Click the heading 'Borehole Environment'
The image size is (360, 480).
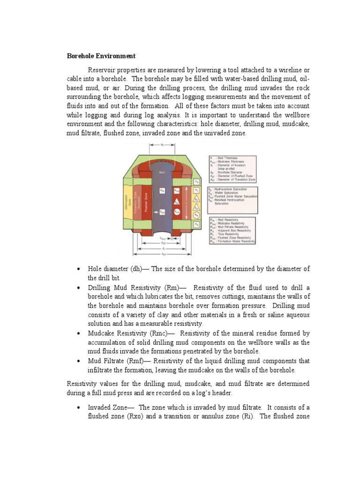pos(102,56)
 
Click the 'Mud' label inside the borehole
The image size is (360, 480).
pos(162,172)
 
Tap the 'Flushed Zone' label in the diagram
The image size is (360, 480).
pos(146,203)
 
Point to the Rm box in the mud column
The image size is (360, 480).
pos(162,190)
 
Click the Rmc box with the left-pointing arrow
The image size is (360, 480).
pos(162,212)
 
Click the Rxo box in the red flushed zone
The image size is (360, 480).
pos(177,190)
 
